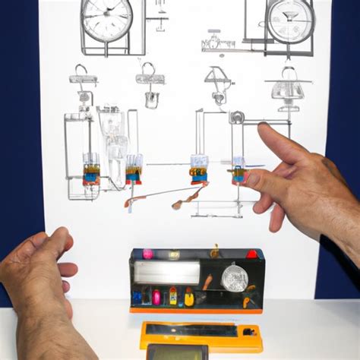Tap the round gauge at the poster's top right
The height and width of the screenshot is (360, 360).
(291, 19)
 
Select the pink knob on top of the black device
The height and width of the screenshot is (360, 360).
(148, 254)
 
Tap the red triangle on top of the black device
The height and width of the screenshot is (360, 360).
(251, 254)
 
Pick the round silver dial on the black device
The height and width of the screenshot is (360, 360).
(232, 278)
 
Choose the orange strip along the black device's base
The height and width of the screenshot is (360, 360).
(195, 309)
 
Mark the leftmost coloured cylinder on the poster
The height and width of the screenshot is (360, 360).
(91, 172)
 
